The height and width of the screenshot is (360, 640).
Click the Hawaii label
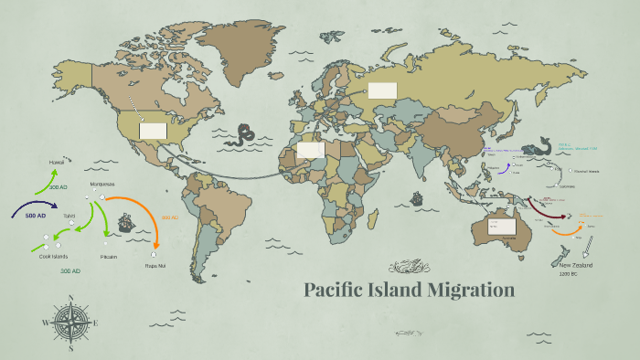click(x=57, y=162)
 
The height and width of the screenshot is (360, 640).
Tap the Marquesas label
click(x=102, y=184)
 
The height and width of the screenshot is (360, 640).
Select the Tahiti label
click(x=69, y=216)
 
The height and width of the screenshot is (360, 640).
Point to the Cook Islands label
click(x=54, y=256)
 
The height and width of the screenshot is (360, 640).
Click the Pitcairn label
click(x=110, y=256)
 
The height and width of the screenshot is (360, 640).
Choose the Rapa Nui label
click(x=155, y=266)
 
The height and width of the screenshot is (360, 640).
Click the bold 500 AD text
click(x=36, y=215)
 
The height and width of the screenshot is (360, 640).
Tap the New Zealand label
click(x=576, y=265)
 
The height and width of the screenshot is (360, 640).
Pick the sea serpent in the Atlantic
click(x=243, y=135)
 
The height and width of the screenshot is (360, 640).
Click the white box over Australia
click(x=502, y=226)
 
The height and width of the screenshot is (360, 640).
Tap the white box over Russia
click(x=382, y=90)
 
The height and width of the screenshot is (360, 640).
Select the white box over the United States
click(x=153, y=131)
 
